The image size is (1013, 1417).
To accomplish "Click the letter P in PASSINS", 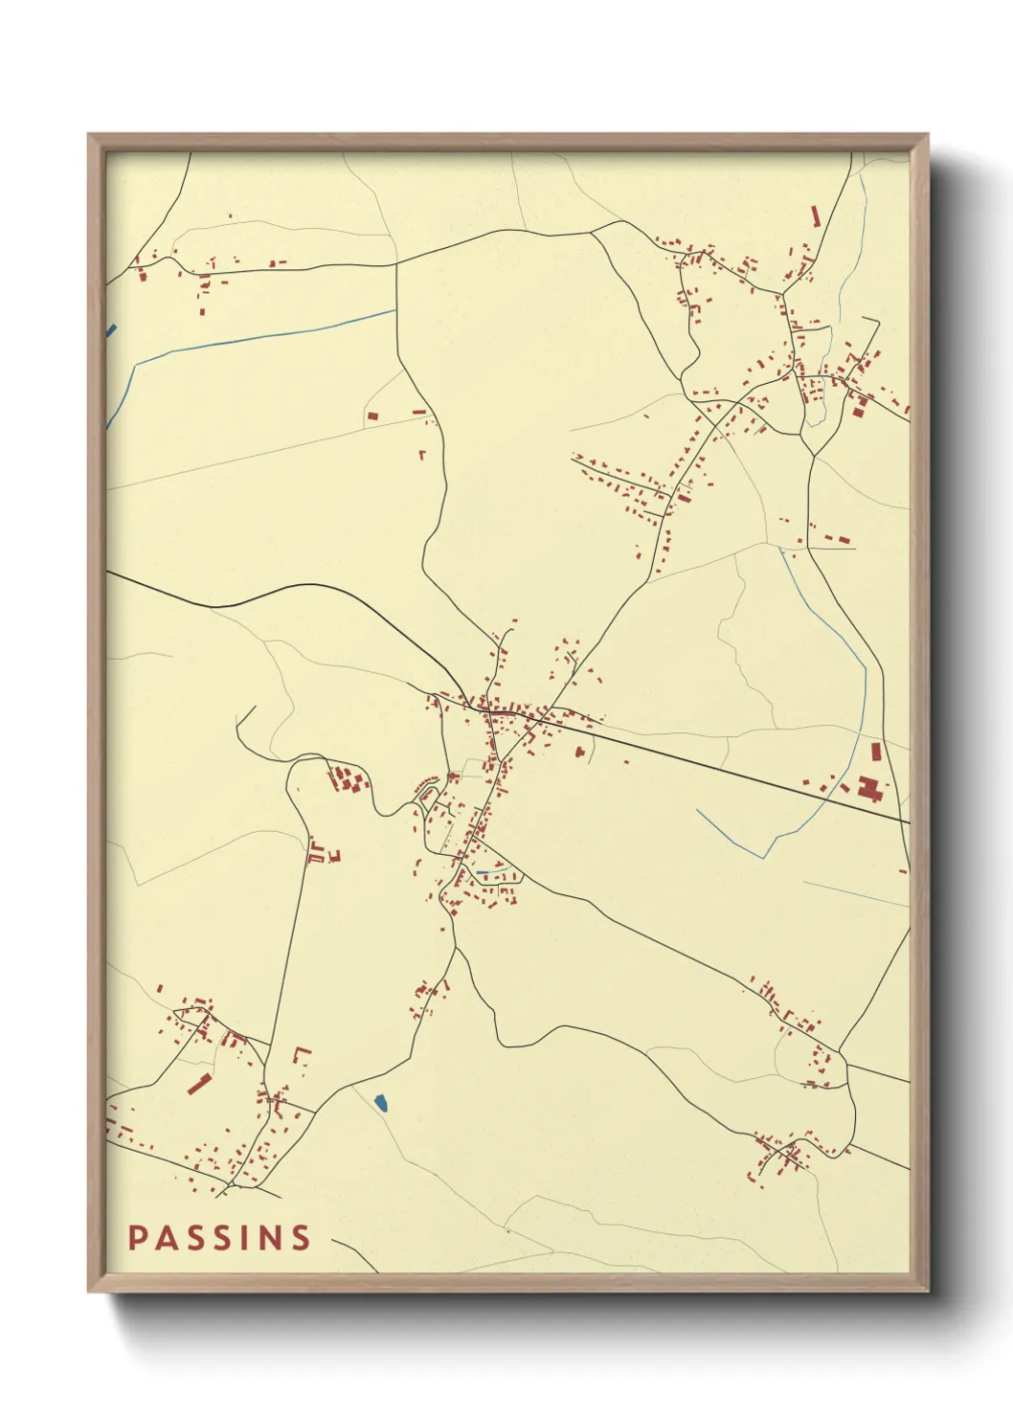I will coord(137,1238).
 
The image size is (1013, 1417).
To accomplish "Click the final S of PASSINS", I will coord(302,1238).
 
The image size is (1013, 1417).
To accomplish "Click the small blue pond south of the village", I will coord(381,1103).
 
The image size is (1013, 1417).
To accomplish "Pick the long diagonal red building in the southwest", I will coord(198,1084).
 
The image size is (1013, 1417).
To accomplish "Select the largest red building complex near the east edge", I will coord(870,791).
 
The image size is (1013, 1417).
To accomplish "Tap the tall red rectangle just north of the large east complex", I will coord(875,753).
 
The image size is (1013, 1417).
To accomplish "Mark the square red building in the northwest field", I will coord(372,416).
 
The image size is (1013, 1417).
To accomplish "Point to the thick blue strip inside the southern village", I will coord(484,872).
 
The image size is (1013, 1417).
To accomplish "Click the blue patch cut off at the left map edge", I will coord(111,330).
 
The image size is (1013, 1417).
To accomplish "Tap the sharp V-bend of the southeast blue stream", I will coord(763,857).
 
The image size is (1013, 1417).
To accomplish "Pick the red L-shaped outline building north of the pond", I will coord(302,1055).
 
